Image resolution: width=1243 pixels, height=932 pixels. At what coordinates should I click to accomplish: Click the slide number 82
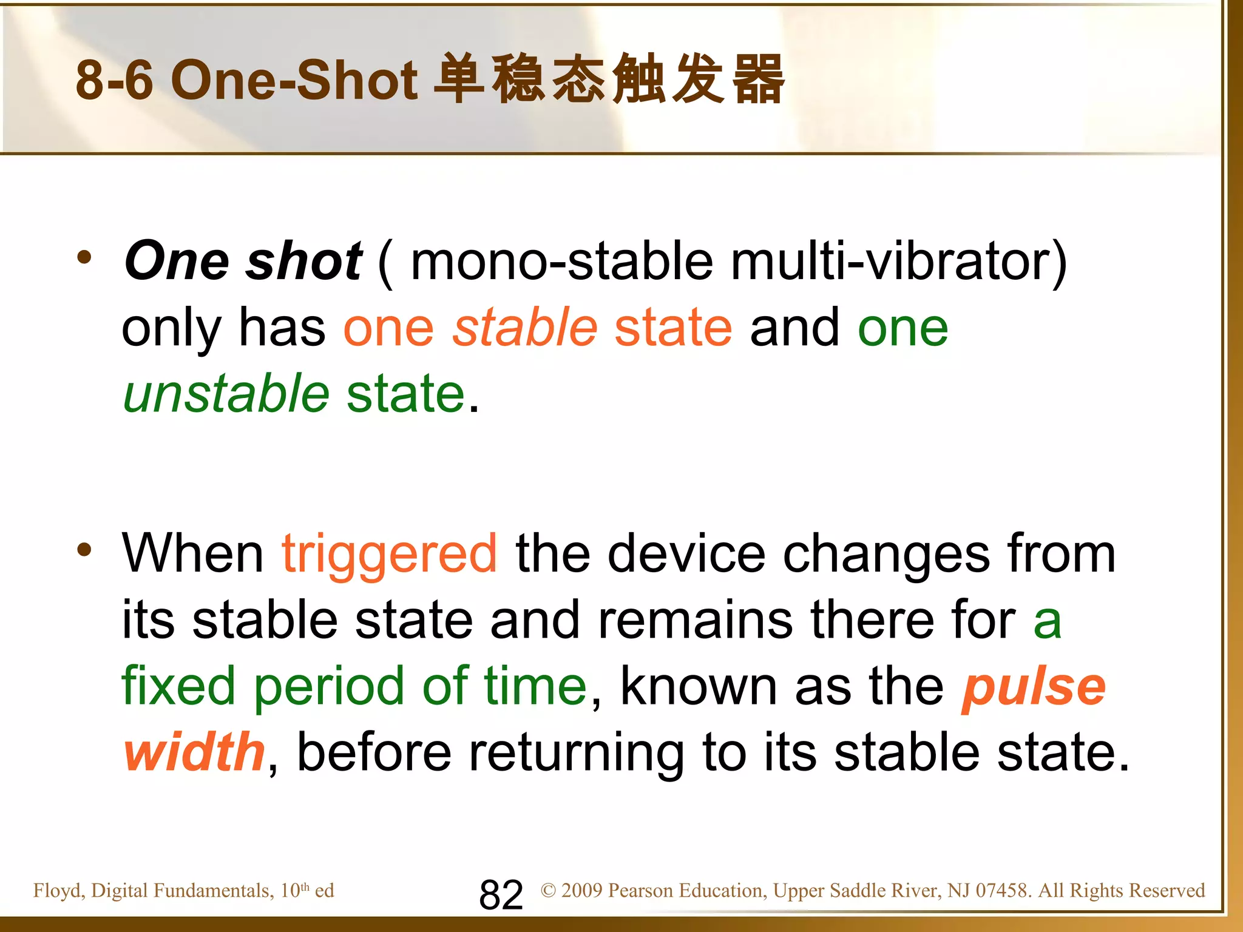click(501, 894)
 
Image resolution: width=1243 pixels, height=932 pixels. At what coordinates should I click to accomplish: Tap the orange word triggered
click(390, 553)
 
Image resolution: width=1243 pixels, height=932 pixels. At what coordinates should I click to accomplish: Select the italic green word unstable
click(226, 393)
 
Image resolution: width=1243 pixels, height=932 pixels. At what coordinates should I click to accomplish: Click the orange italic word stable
click(525, 327)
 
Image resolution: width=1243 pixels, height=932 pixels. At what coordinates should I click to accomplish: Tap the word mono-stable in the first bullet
click(561, 261)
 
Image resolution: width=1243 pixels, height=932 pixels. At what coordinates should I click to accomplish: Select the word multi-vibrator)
click(898, 261)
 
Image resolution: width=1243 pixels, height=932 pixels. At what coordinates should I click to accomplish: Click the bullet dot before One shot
click(84, 257)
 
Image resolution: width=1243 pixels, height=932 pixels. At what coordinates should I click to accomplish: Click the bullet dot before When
click(84, 550)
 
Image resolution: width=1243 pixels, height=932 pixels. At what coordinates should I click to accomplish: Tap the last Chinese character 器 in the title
click(759, 79)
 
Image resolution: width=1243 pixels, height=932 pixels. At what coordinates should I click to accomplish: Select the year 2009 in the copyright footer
click(581, 891)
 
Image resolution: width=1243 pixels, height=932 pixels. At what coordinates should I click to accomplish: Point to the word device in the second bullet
click(686, 553)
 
